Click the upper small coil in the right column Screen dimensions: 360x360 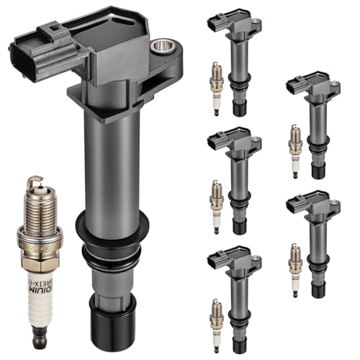pyautogui.click(x=313, y=122)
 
